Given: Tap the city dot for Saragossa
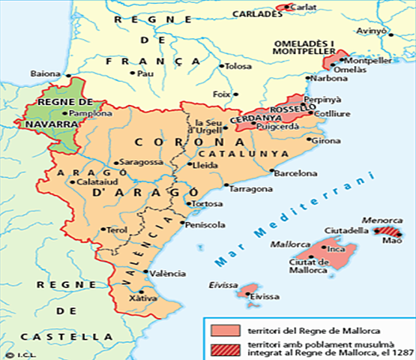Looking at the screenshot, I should [x=113, y=162].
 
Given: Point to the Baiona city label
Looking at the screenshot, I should [x=43, y=73].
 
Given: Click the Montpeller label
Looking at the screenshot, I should [x=370, y=59].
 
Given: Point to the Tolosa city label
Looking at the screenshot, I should [x=236, y=66].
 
